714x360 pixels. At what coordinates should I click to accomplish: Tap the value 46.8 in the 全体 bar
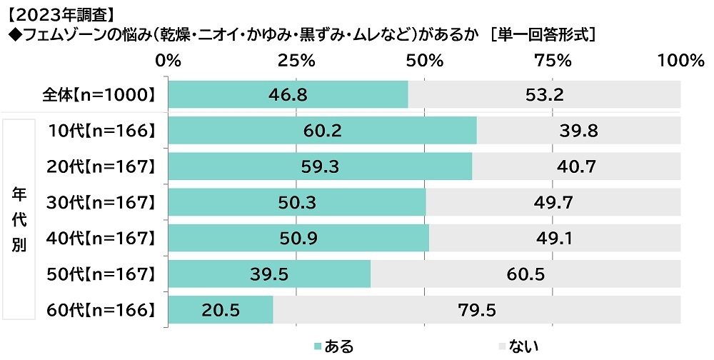(288, 94)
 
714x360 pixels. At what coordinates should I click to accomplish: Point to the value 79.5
(476, 309)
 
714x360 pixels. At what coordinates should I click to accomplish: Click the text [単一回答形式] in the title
(544, 34)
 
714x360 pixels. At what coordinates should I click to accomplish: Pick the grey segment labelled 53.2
(544, 94)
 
